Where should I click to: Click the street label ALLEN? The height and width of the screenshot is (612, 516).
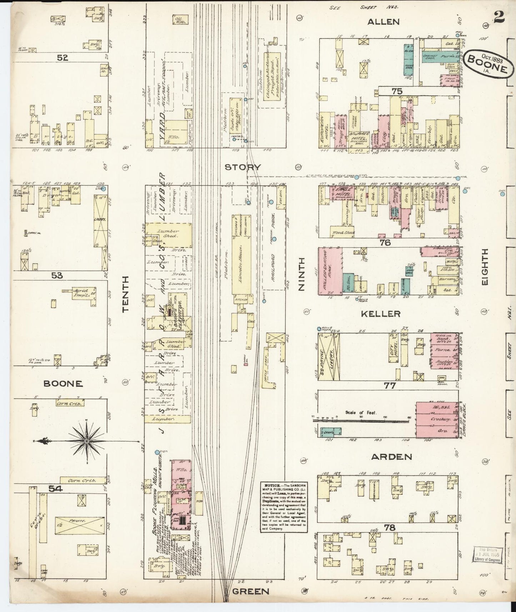(x=384, y=22)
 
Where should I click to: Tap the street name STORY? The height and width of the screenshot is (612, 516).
(x=243, y=167)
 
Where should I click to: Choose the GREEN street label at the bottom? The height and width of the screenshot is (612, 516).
(x=250, y=591)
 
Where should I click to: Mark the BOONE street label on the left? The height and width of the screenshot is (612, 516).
(x=63, y=384)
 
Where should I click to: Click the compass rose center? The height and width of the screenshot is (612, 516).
(x=86, y=442)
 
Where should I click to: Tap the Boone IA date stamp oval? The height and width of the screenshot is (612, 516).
(x=487, y=62)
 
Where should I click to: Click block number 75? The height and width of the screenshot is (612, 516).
(x=397, y=91)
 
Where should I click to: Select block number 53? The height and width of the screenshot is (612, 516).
(x=57, y=275)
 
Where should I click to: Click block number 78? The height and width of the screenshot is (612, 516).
(x=390, y=527)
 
